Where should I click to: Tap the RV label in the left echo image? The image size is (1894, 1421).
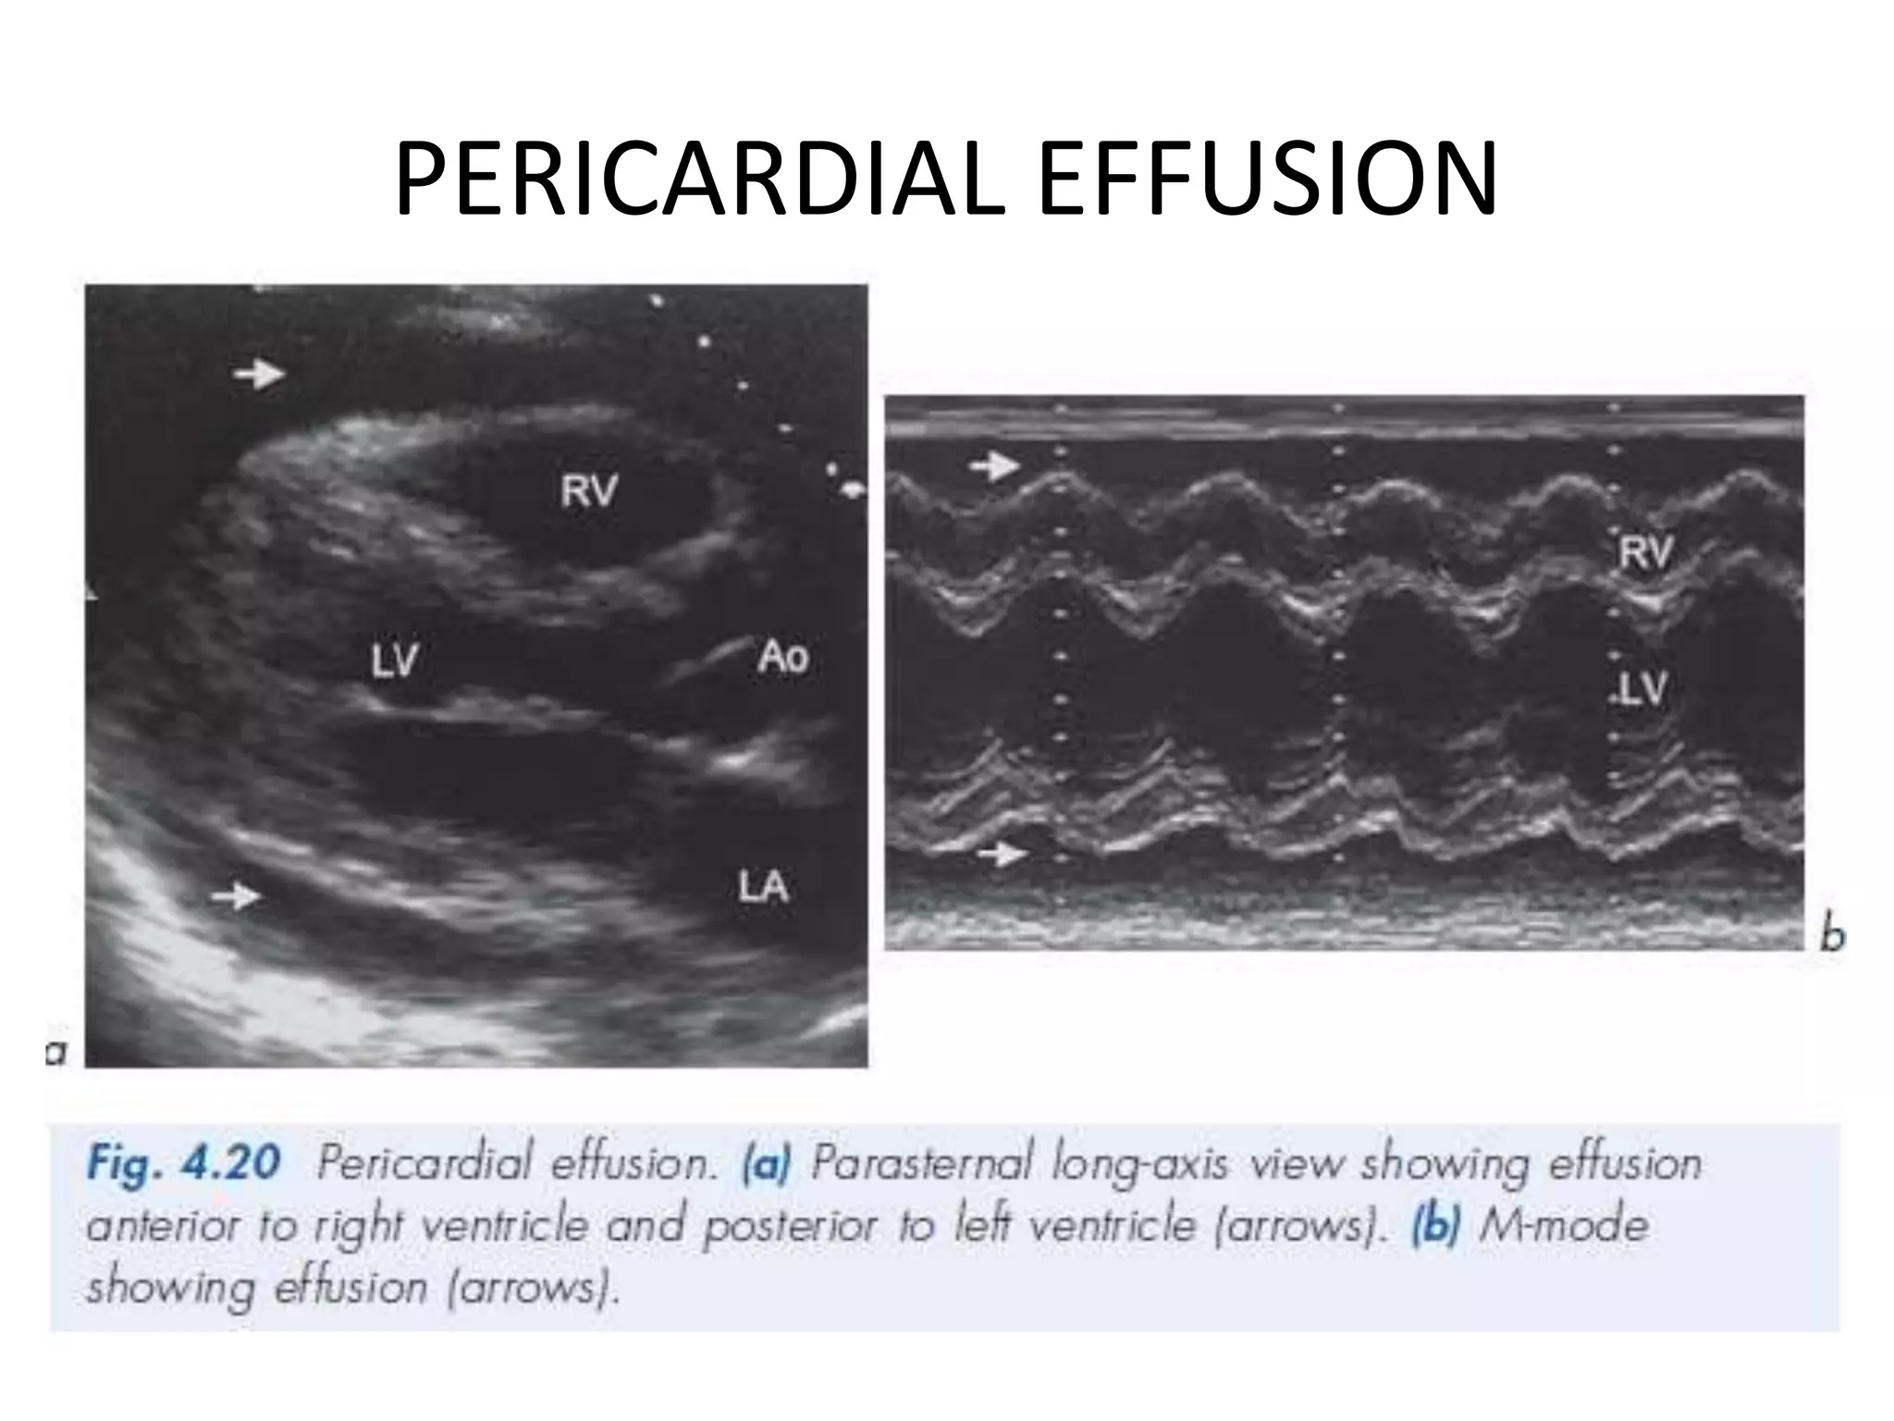(588, 490)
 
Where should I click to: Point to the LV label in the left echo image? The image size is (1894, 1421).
(395, 661)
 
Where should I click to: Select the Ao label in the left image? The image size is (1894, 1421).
(782, 657)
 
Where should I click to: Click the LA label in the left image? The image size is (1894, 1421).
(763, 888)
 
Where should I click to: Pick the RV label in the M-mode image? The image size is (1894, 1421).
(1646, 553)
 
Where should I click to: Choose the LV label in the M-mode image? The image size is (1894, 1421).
(1644, 688)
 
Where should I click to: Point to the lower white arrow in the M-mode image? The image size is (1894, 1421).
(1002, 854)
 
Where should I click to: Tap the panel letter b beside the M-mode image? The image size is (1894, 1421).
(1832, 936)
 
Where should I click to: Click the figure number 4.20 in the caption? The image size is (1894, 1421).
(230, 1163)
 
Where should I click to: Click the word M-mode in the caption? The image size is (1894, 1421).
(1563, 1226)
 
